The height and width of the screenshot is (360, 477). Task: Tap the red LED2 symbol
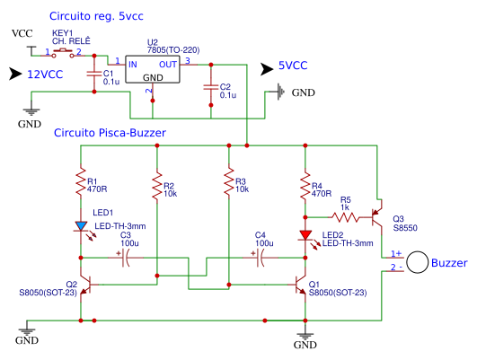point(306,235)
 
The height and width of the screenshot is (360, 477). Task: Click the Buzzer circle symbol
point(417,262)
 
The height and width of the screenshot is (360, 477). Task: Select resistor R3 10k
point(228,187)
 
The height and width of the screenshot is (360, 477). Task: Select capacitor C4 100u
point(261,259)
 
